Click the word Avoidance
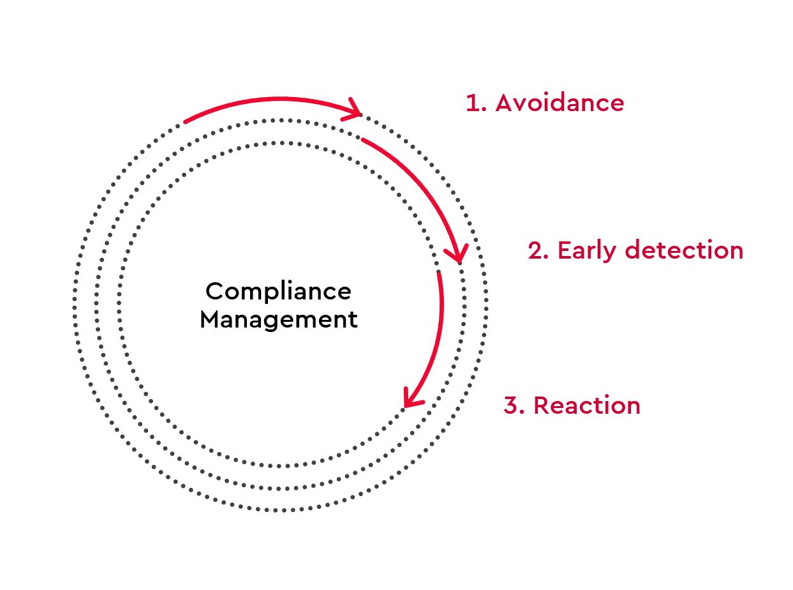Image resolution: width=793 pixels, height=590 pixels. point(560,103)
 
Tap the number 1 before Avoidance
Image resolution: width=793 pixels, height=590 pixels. point(473,103)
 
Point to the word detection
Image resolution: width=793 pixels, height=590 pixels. point(683,250)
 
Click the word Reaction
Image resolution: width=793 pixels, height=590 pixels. point(586,405)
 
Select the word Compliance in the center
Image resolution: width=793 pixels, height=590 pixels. point(278,291)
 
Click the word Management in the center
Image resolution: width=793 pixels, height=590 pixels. point(278,319)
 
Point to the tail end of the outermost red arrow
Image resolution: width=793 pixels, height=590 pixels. point(185,121)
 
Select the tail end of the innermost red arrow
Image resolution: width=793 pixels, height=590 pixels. point(438,273)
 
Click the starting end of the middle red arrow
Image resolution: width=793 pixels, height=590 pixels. point(363,139)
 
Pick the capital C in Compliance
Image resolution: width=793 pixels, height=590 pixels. point(214,292)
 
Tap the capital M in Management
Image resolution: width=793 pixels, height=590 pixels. point(211,319)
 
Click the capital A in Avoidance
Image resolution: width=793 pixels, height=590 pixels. point(505,103)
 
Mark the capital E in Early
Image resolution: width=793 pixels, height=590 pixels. point(564,250)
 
